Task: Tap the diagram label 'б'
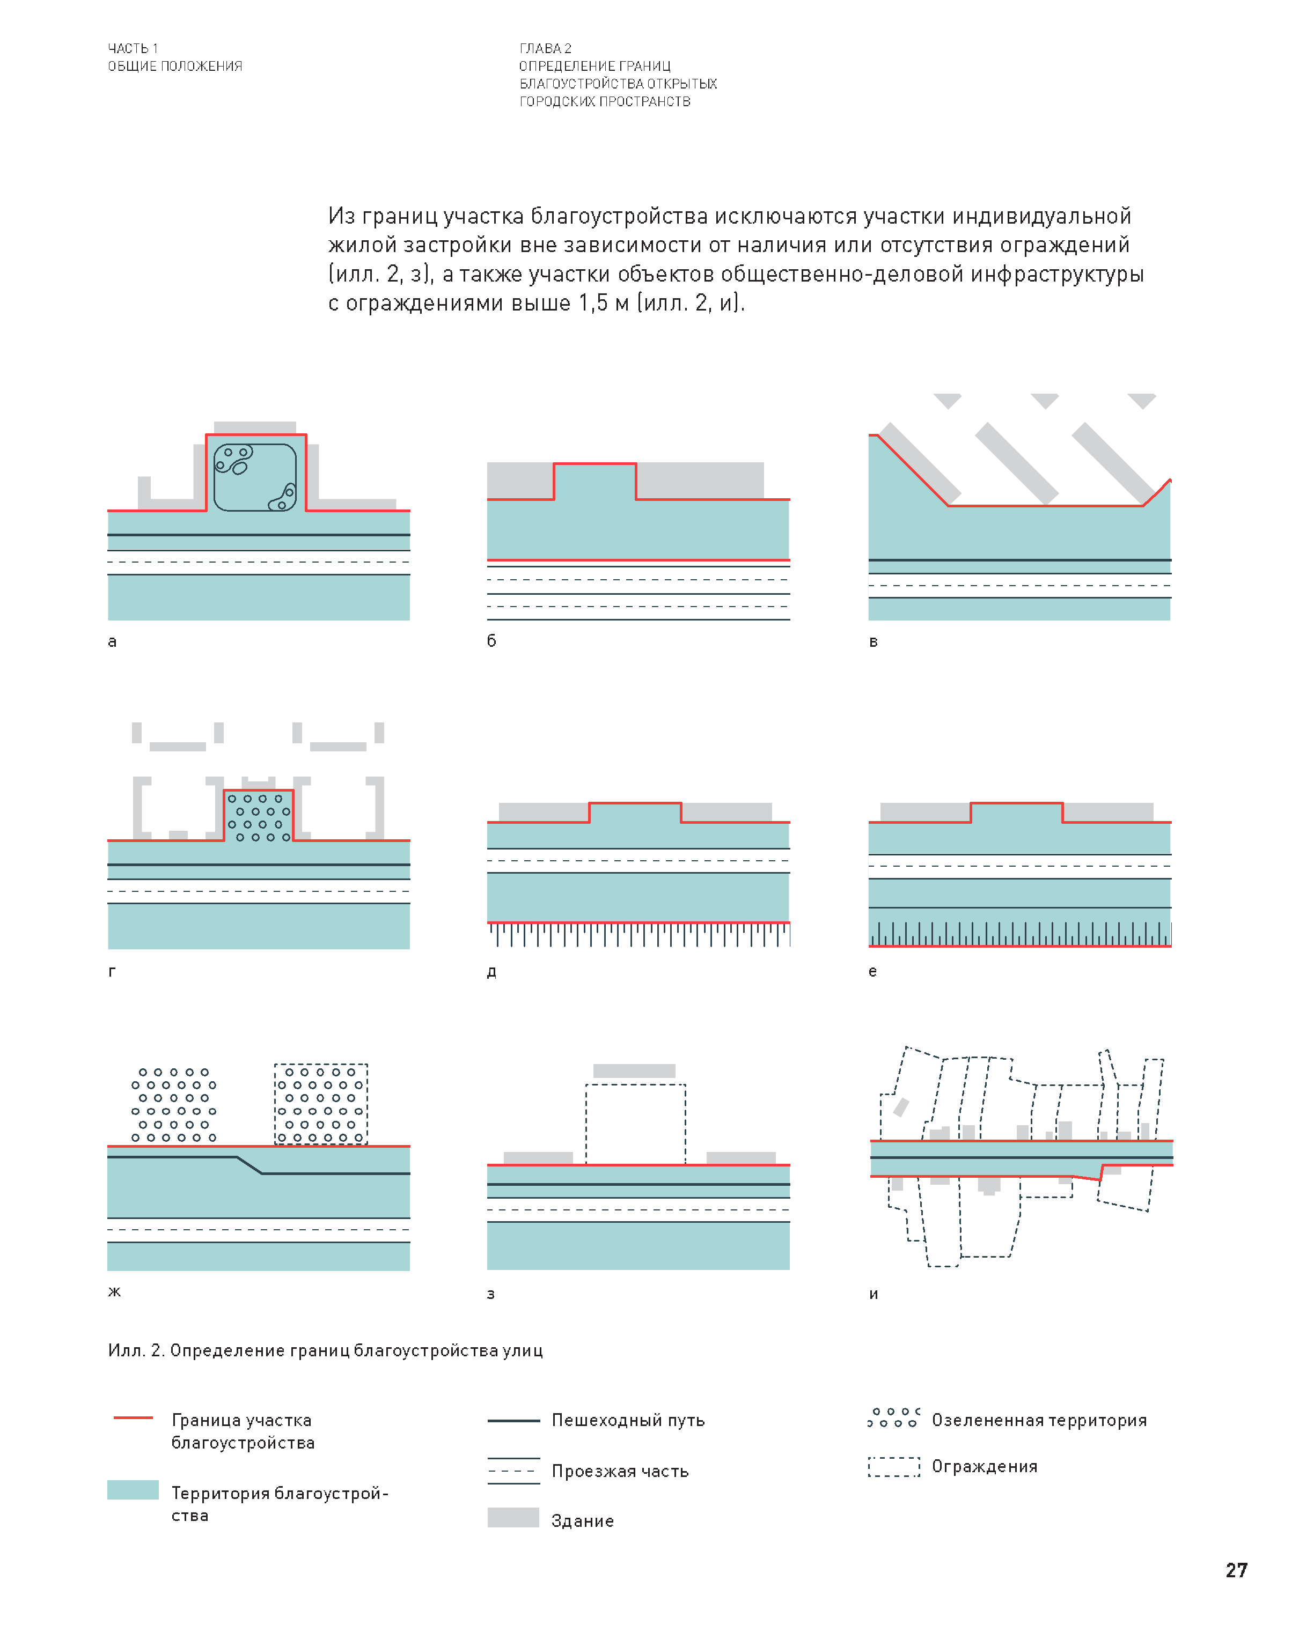(491, 641)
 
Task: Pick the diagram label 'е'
(872, 971)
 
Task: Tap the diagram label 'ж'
(114, 1291)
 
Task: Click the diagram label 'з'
(490, 1294)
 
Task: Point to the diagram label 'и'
(873, 1294)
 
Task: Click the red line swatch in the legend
(133, 1417)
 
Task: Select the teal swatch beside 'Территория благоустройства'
(133, 1490)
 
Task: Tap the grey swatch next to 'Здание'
(513, 1517)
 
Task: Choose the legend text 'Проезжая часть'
(620, 1471)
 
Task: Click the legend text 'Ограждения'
(984, 1466)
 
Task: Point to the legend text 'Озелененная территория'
(1039, 1420)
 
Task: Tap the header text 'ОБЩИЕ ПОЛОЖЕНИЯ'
(175, 66)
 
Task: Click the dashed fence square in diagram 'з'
(635, 1124)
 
